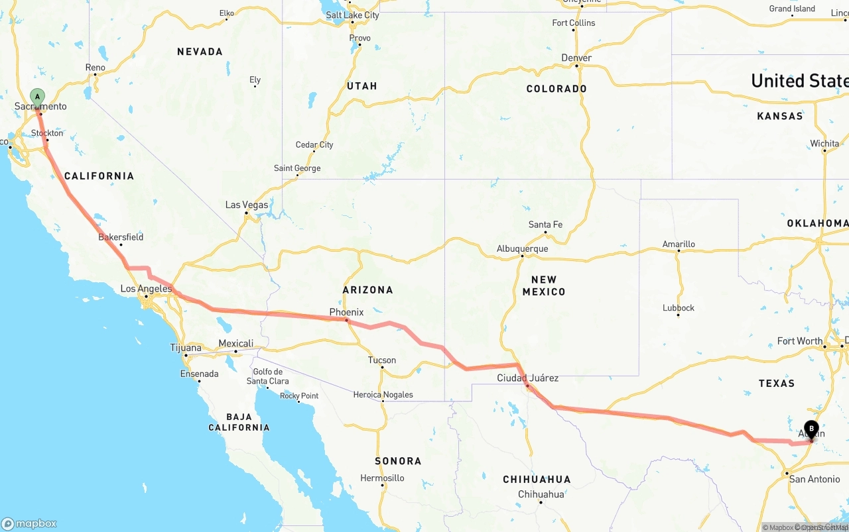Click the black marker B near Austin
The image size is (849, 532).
(x=811, y=429)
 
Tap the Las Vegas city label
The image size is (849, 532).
(x=247, y=205)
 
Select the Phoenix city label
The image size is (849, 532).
(x=346, y=312)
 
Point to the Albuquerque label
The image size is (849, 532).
(x=523, y=249)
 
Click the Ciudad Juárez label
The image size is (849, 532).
(x=528, y=378)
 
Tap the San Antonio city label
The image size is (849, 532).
(x=815, y=479)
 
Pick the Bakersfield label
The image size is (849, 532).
(x=121, y=237)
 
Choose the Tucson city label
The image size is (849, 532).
(x=382, y=360)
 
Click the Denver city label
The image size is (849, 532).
(x=576, y=58)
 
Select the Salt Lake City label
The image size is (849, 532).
(x=352, y=15)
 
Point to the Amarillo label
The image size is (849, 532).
(x=679, y=244)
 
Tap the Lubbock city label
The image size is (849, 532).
(x=679, y=308)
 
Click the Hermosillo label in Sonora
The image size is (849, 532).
(x=382, y=478)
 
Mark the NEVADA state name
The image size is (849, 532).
(x=200, y=52)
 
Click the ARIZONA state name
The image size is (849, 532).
(x=368, y=290)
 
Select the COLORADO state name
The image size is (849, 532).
(x=556, y=89)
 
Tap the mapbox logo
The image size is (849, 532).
(x=29, y=523)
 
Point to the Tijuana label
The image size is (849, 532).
(x=186, y=348)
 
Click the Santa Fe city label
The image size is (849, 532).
(x=545, y=225)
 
